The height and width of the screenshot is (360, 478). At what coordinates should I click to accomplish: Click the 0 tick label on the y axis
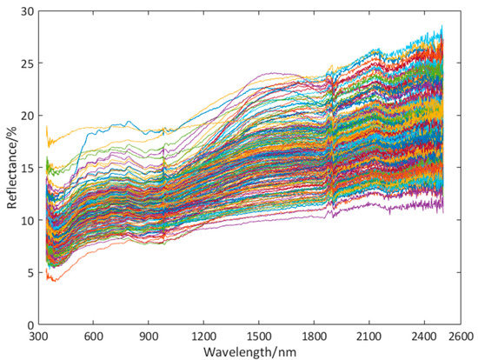coord(30,324)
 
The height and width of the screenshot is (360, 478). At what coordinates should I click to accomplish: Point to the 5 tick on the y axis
coord(30,272)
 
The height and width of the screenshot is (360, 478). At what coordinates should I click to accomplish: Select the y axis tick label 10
coord(27,220)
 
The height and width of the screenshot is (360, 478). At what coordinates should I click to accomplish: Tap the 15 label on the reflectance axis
coord(27,168)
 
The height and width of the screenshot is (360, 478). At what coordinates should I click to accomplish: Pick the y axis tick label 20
coord(27,116)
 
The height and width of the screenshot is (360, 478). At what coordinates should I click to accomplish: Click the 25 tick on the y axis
coord(27,63)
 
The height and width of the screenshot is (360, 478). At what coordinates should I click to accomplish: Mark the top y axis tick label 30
coord(27,11)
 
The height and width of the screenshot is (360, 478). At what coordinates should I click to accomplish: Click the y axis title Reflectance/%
coord(10,168)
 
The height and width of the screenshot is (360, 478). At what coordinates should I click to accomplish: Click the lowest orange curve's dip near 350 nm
coord(51,280)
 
